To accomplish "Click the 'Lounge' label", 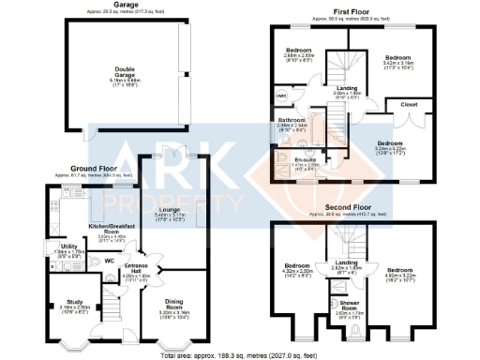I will pos(169,209).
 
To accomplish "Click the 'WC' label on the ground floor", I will pos(109,261).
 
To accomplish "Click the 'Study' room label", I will pos(75,301).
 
